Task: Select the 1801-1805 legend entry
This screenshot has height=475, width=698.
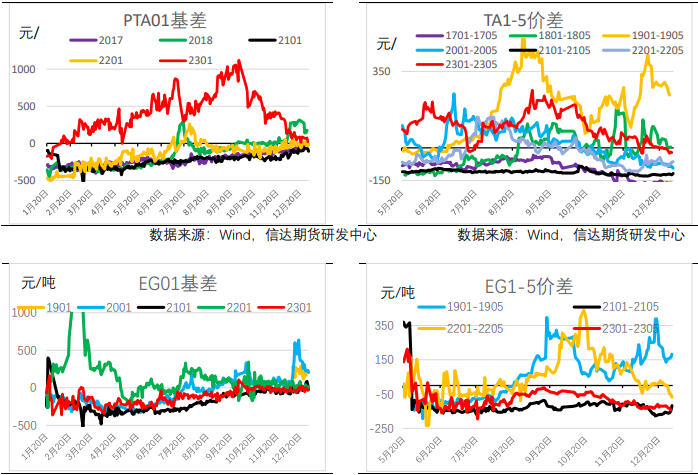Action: (553, 35)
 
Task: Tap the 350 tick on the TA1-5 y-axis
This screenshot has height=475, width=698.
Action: (383, 72)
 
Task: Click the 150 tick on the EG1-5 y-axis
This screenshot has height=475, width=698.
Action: (383, 360)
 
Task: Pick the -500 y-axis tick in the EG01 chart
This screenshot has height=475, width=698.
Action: (24, 425)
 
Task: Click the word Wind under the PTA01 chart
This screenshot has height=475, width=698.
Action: (241, 235)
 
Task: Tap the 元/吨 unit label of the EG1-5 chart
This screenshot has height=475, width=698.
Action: (398, 293)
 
